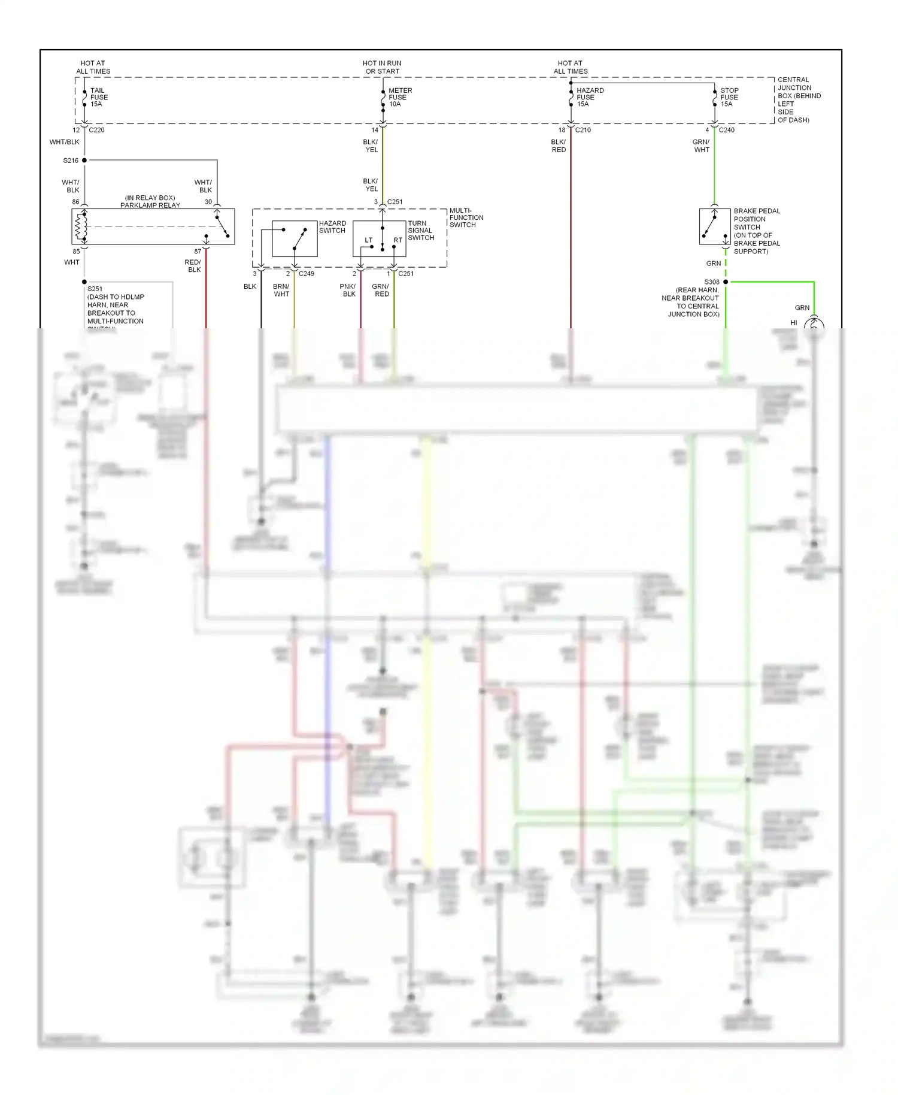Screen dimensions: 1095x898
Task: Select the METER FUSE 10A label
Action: [399, 97]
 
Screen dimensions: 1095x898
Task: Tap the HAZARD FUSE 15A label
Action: [589, 97]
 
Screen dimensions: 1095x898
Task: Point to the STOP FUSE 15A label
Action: [729, 97]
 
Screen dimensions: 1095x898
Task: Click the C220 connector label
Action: [96, 130]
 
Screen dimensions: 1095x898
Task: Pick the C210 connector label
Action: [583, 130]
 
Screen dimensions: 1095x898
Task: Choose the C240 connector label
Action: [726, 130]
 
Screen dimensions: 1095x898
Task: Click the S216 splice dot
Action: [84, 161]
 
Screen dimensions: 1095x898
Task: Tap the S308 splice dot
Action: [726, 282]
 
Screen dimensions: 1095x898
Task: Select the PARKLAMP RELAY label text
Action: [150, 205]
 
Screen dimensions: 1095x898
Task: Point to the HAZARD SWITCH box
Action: [295, 238]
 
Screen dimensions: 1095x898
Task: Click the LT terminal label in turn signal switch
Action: [369, 240]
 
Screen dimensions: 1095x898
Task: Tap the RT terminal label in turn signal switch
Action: [398, 240]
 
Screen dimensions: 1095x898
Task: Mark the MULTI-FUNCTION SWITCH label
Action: [466, 217]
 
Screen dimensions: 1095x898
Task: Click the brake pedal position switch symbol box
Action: [714, 226]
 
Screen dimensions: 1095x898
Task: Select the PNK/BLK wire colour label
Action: [348, 290]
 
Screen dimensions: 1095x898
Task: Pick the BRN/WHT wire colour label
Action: [281, 290]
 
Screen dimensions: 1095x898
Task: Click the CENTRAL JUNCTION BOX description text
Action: [798, 99]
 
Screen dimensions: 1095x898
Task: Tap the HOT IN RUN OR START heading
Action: [382, 67]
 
